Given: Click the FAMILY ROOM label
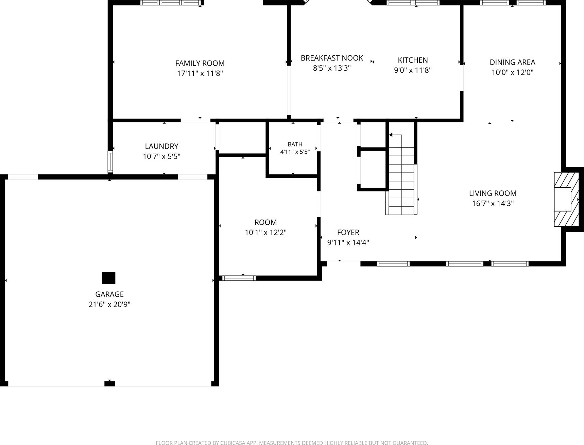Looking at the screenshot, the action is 200,63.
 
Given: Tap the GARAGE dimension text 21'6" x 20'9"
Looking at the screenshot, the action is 109,304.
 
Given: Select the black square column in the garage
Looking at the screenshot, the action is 109,278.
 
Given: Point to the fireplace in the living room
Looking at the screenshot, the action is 566,199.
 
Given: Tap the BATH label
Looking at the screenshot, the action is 295,144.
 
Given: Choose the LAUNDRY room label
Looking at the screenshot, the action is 161,146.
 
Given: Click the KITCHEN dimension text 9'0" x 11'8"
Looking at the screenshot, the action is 413,70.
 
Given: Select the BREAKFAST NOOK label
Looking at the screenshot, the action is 332,58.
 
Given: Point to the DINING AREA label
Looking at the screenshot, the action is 512,62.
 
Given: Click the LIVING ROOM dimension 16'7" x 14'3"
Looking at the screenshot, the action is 493,204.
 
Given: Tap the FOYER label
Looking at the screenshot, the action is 348,233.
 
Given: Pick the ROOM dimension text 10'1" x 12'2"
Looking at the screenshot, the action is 265,233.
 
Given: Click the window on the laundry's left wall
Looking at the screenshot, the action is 110,161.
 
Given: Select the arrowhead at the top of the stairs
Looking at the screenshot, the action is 391,135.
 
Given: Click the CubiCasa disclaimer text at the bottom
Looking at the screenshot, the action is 292,443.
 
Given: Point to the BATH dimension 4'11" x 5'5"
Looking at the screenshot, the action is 295,152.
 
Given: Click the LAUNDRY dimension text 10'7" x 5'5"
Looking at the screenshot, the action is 161,156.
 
